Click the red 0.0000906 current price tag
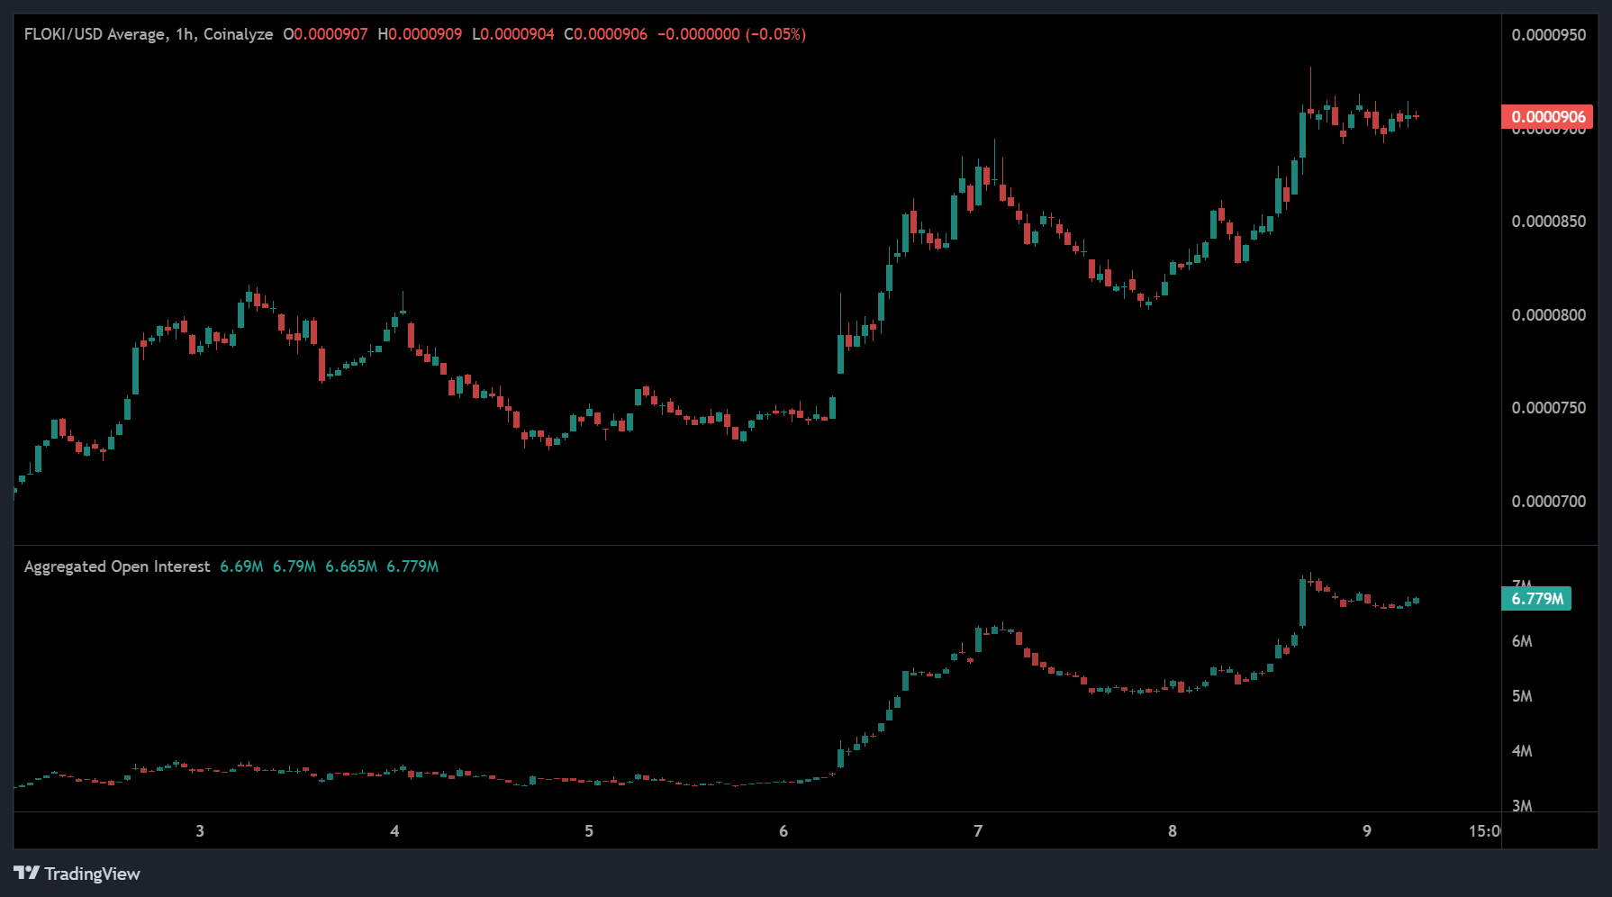coord(1547,117)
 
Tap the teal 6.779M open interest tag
coord(1536,599)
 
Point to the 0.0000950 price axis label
coord(1548,35)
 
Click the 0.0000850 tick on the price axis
coord(1548,222)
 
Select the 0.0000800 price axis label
coord(1548,315)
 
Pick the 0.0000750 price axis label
coord(1548,408)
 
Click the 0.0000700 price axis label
coord(1548,502)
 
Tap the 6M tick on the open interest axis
coord(1521,641)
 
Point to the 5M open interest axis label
coord(1521,696)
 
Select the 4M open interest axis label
coord(1521,751)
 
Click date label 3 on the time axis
coord(200,831)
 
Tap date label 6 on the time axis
coord(783,831)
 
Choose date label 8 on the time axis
coord(1173,831)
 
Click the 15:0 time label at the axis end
coord(1484,831)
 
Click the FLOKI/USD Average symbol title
coord(95,34)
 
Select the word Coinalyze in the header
coord(238,34)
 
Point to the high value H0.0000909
coord(420,34)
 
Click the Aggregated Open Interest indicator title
coord(117,566)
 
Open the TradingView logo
coord(77,874)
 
